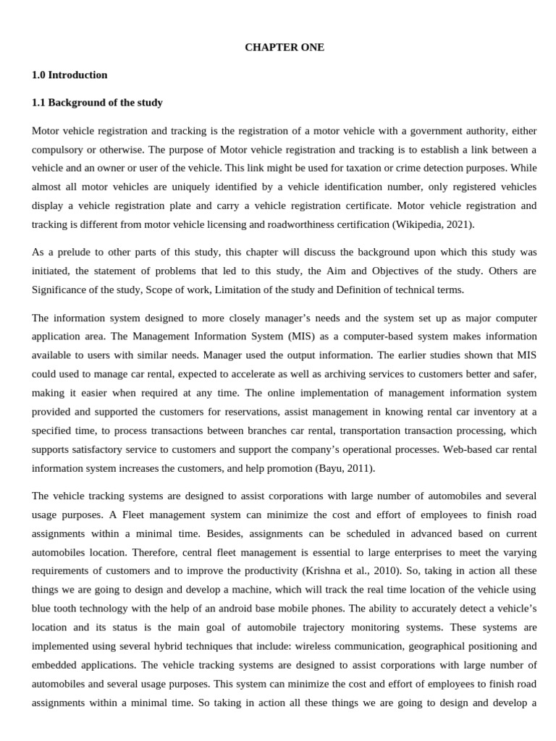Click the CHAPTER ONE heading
pos(285,47)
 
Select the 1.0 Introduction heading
pos(69,75)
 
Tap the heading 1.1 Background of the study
pos(97,102)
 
